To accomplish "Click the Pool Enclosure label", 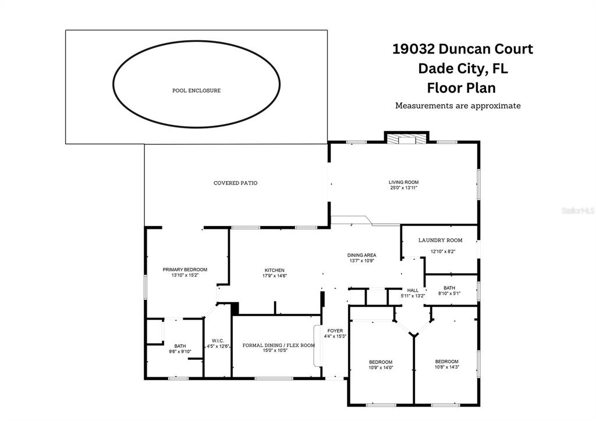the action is coord(197,90).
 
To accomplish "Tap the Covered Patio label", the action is coord(235,183).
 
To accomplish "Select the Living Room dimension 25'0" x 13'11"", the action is coord(404,187).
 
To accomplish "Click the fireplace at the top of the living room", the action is coord(406,139).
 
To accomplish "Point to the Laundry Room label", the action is coord(440,240).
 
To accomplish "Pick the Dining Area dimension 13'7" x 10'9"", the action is coord(362,261).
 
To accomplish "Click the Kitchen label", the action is coord(275,270).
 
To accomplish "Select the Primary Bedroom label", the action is coord(185,270).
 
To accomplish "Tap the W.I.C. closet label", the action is coord(218,341).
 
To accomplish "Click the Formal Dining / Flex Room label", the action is coord(279,345).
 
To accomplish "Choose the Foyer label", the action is coord(335,331).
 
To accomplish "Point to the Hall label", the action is coord(413,290).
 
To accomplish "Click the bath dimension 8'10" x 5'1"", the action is coord(449,293).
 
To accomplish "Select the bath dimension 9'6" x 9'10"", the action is coord(180,351).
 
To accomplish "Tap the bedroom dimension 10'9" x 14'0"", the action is coord(381,367).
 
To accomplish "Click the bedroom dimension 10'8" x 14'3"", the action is coord(446,367).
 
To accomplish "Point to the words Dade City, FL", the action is coord(463,69).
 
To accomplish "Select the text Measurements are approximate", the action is coord(458,105).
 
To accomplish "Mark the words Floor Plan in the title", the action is coord(462,88).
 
